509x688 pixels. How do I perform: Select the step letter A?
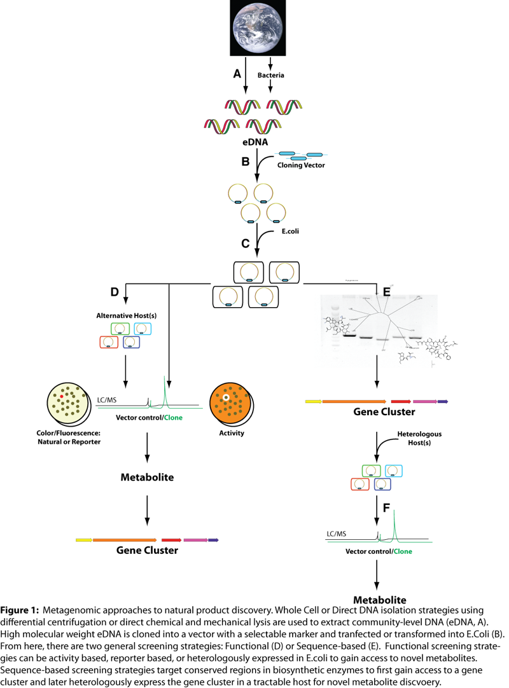pyautogui.click(x=237, y=74)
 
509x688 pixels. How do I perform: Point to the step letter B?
pyautogui.click(x=245, y=162)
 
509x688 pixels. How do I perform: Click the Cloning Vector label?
pyautogui.click(x=301, y=165)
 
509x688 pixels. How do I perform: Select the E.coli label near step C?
pyautogui.click(x=291, y=231)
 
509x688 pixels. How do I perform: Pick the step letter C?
pyautogui.click(x=245, y=243)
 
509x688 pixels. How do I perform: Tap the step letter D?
pyautogui.click(x=115, y=292)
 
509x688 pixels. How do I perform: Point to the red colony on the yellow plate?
pyautogui.click(x=62, y=396)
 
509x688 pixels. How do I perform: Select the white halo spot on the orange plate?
pyautogui.click(x=225, y=398)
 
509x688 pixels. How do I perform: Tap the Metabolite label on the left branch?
pyautogui.click(x=147, y=476)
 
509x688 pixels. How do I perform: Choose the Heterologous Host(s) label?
pyautogui.click(x=409, y=438)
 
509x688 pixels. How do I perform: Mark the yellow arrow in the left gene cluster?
pyautogui.click(x=83, y=540)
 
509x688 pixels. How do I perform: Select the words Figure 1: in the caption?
pyautogui.click(x=20, y=610)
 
